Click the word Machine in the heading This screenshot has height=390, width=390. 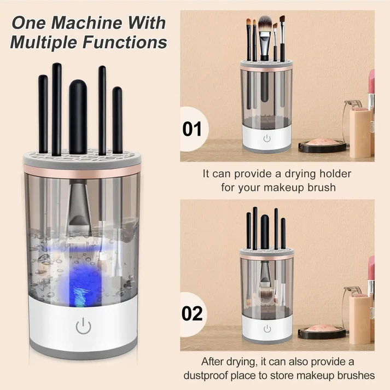click(x=87, y=23)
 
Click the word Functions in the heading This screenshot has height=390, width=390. click(x=125, y=42)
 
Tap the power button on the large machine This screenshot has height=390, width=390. click(x=83, y=325)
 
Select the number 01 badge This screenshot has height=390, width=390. click(x=192, y=129)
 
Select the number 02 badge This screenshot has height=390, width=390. click(x=192, y=313)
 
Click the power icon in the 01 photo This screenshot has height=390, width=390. click(x=267, y=138)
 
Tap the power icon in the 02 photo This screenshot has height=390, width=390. click(x=267, y=329)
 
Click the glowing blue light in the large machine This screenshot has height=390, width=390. click(x=79, y=286)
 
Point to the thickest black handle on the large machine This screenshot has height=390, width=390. click(x=78, y=117)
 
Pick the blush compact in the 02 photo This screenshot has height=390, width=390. click(x=323, y=330)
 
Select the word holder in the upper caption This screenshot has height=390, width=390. click(x=335, y=173)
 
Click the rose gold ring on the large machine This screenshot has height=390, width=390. click(x=82, y=171)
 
